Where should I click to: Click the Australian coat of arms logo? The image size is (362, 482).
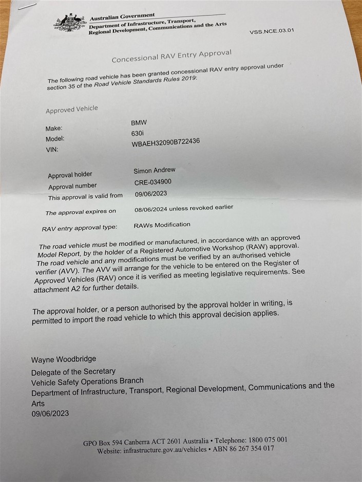point(70,23)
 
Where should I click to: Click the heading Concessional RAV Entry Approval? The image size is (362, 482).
point(172,56)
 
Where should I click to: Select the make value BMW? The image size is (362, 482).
point(139,123)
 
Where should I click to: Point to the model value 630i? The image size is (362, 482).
point(138,133)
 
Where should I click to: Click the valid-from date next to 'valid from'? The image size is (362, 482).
point(151,194)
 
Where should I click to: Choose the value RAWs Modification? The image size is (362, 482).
point(162,225)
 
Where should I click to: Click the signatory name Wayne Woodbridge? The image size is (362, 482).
point(64,359)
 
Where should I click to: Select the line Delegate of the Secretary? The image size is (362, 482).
point(73,371)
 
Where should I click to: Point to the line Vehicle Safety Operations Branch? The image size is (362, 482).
point(87,381)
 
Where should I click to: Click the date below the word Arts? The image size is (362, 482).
point(50,413)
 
